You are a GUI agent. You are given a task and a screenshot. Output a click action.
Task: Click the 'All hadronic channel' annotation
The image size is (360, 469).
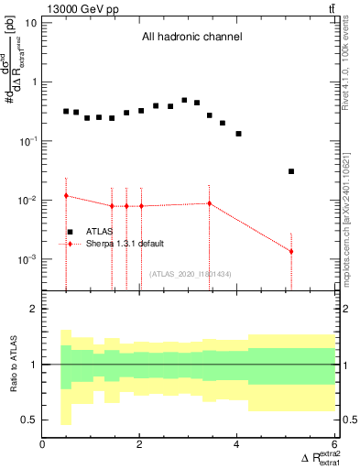point(191,38)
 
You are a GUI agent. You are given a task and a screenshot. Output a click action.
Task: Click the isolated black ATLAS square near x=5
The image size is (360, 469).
point(291,171)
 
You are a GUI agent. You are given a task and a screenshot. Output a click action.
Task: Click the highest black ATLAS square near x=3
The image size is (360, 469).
point(184,101)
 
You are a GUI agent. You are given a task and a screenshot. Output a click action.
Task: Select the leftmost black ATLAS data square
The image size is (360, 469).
point(66,111)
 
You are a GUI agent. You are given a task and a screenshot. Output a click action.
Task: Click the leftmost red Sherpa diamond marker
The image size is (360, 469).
point(66,196)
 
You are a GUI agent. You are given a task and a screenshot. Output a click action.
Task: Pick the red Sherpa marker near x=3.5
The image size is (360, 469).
point(210,203)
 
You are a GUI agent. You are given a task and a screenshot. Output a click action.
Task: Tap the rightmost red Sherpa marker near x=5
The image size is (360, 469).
point(291,251)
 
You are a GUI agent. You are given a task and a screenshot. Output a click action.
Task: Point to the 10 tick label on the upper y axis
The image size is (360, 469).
point(30,22)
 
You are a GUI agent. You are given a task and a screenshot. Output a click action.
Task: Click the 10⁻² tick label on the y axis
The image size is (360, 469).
point(27,201)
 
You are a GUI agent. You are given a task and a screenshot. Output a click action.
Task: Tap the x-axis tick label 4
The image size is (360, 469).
point(237,444)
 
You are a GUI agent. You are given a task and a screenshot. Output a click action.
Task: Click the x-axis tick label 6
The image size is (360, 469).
point(334,444)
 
